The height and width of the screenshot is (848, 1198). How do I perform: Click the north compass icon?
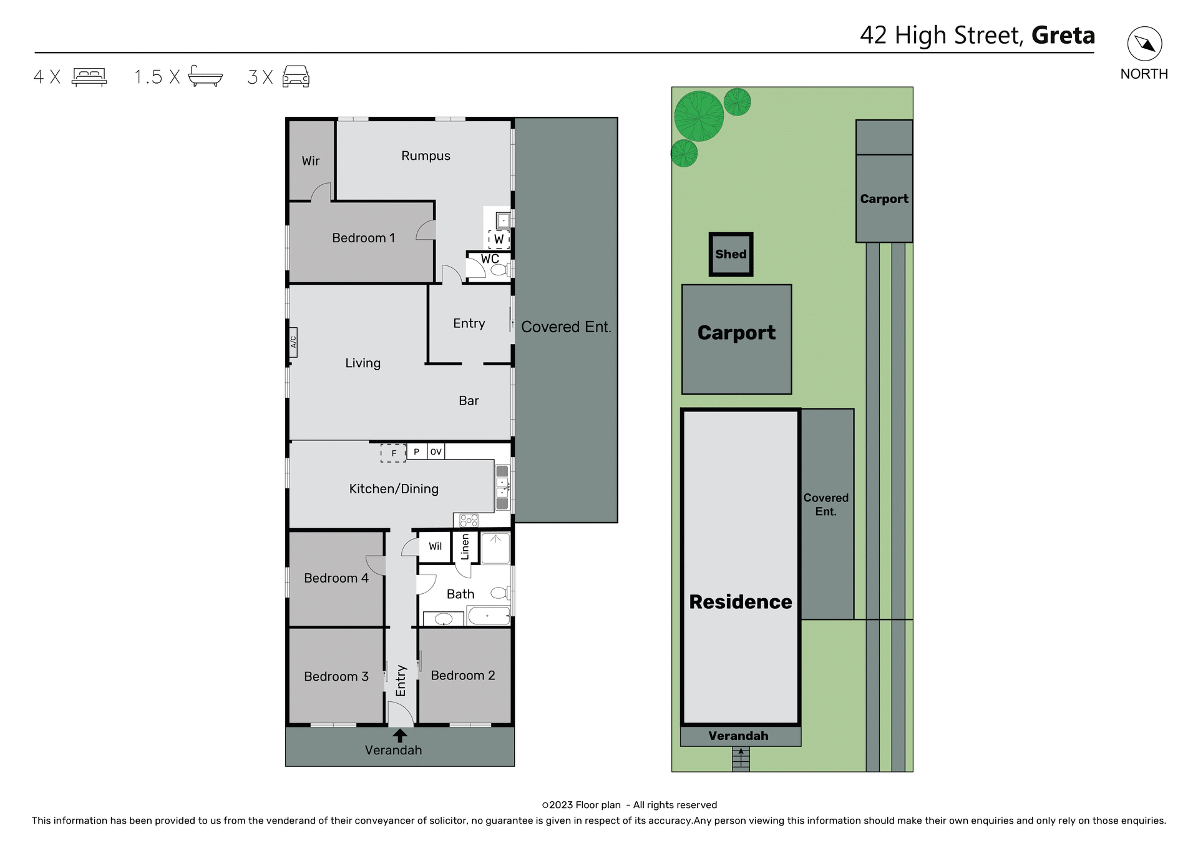[x=1144, y=44]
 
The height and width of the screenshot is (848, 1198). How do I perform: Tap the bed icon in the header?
[x=89, y=77]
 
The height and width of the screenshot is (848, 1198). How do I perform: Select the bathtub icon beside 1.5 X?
[x=205, y=76]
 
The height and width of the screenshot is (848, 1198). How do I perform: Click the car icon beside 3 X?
[x=296, y=76]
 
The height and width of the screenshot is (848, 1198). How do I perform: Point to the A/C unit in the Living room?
[x=293, y=342]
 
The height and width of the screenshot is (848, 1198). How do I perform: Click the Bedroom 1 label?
[x=363, y=238]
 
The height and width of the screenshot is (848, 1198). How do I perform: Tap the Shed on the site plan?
[x=731, y=254]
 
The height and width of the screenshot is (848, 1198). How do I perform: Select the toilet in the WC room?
[x=499, y=270]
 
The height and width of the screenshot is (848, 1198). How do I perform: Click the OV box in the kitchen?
[x=436, y=451]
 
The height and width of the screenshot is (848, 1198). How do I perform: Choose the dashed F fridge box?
[x=393, y=453]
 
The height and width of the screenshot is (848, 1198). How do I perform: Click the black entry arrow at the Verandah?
[x=399, y=736]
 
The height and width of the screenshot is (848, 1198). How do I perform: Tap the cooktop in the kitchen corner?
[x=469, y=520]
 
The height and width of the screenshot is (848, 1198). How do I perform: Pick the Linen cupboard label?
[x=465, y=547]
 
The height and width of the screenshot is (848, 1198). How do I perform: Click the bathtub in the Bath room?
[x=489, y=616]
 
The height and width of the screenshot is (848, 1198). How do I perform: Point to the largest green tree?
[x=699, y=116]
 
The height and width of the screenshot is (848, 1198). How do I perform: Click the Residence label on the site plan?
[x=740, y=602]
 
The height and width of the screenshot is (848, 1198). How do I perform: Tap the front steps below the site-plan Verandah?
[x=741, y=759]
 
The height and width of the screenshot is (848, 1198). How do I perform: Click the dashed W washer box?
[x=499, y=239]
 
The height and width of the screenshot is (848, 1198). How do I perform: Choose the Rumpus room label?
[x=426, y=156]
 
